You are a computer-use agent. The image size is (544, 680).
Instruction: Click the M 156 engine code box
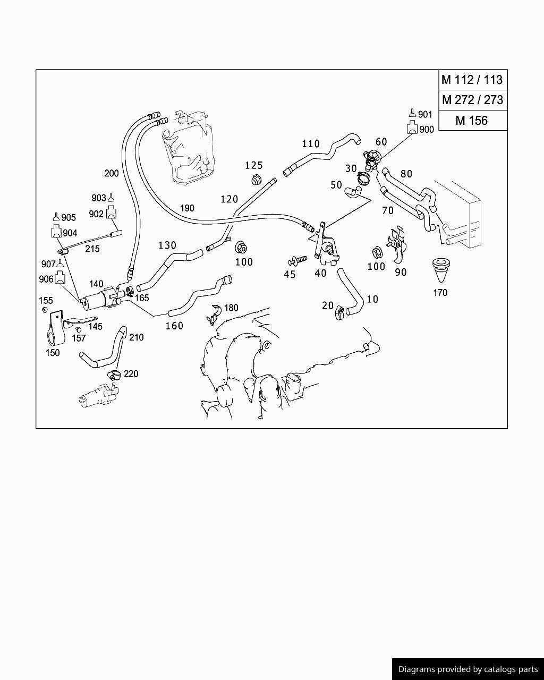471,121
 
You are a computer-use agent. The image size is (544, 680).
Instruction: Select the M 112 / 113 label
472,80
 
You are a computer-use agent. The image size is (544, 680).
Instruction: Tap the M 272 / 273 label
472,100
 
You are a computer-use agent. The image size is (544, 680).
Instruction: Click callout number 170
440,292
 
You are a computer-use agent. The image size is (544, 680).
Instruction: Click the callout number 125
254,165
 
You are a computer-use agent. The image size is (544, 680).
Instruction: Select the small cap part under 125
257,178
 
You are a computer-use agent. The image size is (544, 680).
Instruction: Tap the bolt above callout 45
297,260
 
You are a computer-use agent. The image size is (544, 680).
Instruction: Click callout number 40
320,273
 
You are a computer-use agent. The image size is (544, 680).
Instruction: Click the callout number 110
311,143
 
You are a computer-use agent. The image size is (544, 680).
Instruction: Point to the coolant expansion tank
189,146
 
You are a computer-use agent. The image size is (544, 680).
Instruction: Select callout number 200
112,173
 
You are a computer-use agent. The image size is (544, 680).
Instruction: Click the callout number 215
92,248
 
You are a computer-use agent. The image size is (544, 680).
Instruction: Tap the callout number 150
53,352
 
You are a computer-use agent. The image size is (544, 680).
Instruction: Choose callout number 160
174,326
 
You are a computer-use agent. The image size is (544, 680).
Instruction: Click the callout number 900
427,129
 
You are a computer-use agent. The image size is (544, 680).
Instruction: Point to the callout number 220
131,373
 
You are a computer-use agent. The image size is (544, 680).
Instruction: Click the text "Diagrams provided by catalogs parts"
468,669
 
